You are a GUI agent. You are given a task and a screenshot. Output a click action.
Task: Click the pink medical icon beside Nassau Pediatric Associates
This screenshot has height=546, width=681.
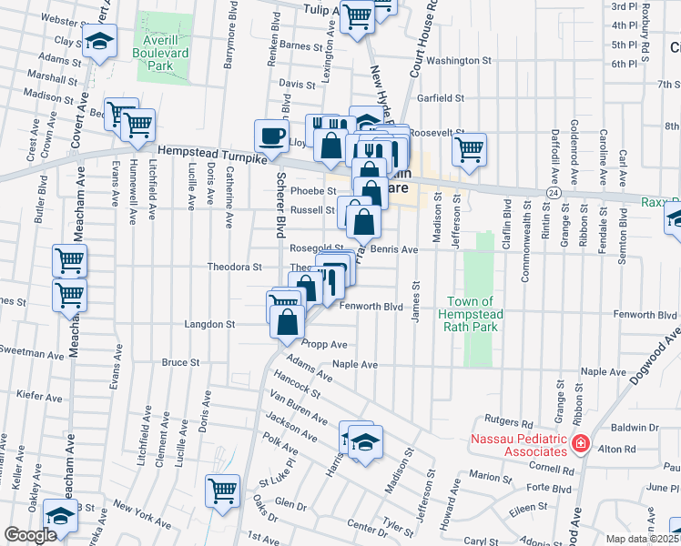tap(580, 445)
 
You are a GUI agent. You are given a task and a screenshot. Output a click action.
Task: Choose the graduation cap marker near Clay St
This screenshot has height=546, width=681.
tap(99, 41)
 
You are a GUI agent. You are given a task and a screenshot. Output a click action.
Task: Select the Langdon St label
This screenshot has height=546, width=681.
tap(210, 323)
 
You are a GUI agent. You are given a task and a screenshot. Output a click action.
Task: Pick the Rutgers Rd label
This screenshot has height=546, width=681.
tap(514, 422)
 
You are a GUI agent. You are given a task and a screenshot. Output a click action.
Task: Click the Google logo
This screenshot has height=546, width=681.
tap(30, 536)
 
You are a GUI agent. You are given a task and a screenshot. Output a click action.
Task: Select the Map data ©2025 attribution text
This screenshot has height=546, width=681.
tap(643, 539)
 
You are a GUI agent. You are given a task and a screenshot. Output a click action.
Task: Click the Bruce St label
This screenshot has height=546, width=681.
tap(180, 362)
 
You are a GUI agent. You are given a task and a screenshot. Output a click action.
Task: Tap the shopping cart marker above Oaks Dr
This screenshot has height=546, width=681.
tap(222, 490)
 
